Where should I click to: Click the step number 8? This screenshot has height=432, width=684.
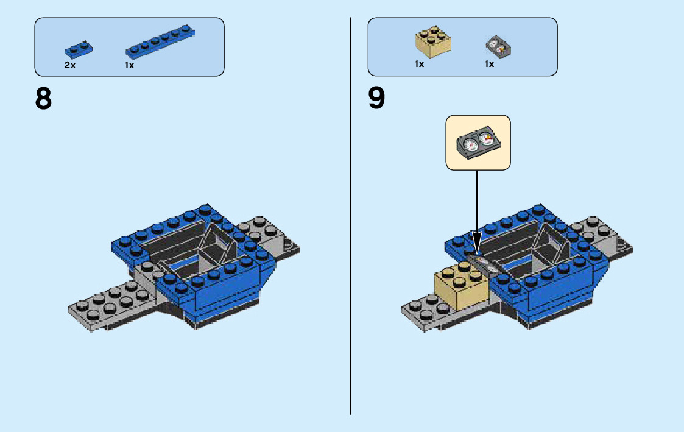44,99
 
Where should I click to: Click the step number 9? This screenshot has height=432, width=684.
376,99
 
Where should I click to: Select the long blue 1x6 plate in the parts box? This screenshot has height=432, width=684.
157,44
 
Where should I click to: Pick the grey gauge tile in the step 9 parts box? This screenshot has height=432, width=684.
497,47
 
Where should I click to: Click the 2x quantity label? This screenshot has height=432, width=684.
70,65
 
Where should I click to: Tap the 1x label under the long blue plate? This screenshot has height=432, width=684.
130,65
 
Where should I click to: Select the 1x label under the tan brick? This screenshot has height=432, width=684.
419,64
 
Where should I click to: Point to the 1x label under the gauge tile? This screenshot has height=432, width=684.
489,64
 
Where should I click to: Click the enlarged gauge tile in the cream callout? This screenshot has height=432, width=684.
479,142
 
